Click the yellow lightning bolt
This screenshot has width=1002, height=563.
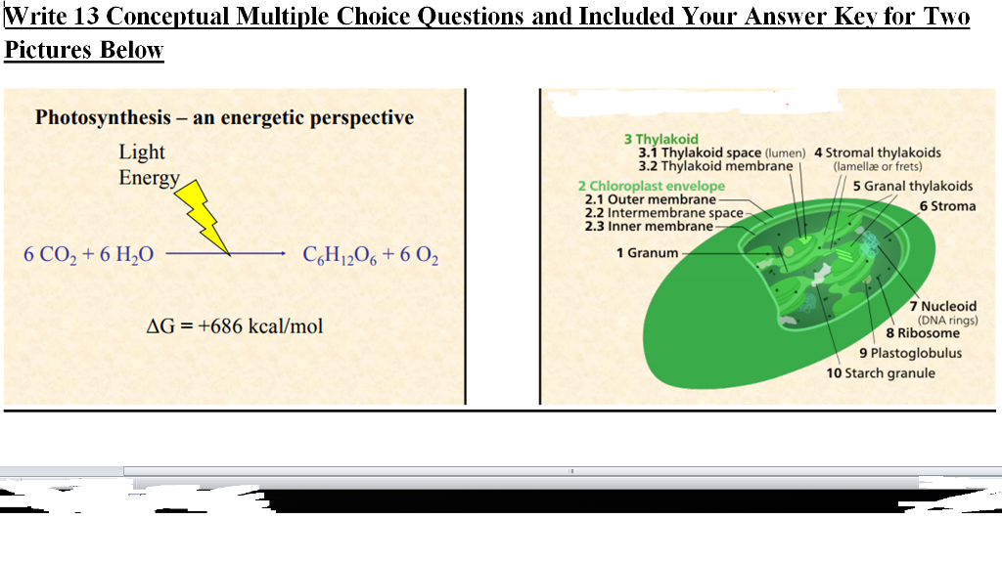(x=207, y=217)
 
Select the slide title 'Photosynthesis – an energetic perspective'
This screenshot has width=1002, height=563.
(x=224, y=118)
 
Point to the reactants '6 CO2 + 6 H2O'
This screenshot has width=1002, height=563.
(x=88, y=256)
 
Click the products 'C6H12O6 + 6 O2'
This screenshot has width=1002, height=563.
(x=371, y=256)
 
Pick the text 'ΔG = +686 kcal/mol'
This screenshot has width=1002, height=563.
(x=234, y=325)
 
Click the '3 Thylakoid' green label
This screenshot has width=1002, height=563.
(x=661, y=140)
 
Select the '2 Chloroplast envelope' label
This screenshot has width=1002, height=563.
(x=651, y=186)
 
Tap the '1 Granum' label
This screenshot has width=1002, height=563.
(x=647, y=253)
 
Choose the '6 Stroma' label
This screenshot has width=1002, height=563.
(x=947, y=206)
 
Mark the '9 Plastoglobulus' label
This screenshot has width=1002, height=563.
(x=910, y=353)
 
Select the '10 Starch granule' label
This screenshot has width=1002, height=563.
(x=880, y=373)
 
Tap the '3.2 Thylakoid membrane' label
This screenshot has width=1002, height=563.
(x=715, y=166)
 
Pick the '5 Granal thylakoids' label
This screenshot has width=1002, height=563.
(x=912, y=186)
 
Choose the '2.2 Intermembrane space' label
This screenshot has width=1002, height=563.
(x=663, y=213)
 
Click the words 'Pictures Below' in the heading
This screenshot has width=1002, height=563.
(x=84, y=51)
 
